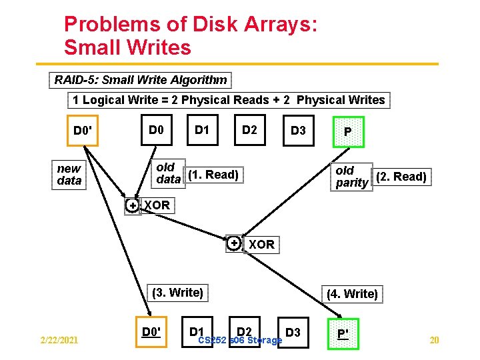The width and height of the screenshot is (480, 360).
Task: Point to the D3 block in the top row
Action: click(297, 131)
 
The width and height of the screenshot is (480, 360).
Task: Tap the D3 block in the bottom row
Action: click(293, 332)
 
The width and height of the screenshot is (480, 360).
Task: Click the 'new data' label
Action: click(69, 175)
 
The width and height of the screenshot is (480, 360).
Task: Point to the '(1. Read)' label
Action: click(213, 175)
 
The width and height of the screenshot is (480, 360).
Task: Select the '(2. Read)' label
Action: click(401, 177)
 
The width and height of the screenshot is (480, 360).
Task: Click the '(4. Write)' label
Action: click(352, 294)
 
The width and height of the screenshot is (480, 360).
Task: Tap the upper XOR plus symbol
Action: click(133, 205)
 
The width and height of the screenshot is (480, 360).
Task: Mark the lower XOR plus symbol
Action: click(234, 244)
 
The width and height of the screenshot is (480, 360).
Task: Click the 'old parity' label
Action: click(351, 177)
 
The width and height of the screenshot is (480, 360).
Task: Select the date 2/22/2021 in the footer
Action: click(59, 341)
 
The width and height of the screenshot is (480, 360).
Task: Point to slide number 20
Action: click(435, 341)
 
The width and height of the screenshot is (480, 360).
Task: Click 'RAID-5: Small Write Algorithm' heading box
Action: click(141, 80)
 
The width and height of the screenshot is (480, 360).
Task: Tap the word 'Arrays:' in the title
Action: click(279, 25)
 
